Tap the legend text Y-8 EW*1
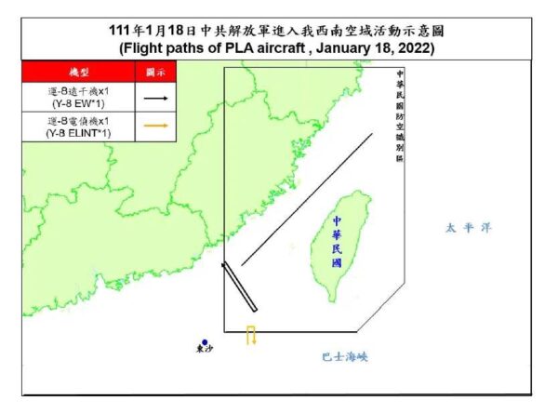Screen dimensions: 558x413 coord(77,103)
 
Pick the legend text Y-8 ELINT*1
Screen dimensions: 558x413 coord(77,134)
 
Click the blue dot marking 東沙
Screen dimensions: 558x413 coord(204,342)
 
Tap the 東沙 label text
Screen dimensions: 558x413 coord(204,352)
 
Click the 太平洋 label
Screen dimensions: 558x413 coord(465,226)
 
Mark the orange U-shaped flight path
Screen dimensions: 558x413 coord(251,335)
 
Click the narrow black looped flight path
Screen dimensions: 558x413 coord(239,287)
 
